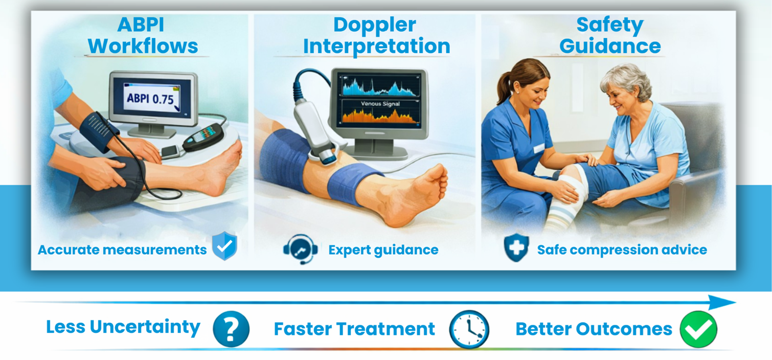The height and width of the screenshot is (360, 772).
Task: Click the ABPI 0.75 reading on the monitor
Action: click(150, 99)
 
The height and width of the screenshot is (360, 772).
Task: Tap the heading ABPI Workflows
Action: click(143, 35)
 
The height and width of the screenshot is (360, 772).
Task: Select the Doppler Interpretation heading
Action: click(376, 35)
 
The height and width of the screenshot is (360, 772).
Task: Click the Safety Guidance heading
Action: click(609, 35)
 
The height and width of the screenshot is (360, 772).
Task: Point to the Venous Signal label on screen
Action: click(380, 103)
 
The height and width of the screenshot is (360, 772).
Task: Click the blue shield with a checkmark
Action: click(225, 246)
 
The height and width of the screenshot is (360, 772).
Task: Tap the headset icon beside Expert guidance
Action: click(300, 249)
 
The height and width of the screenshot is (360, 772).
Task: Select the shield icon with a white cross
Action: click(516, 247)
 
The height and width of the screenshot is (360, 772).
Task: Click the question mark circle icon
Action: click(231, 329)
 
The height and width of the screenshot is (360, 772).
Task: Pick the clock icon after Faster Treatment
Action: click(469, 329)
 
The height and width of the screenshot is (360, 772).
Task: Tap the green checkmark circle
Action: click(698, 329)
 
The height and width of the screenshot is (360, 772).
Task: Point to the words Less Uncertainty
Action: click(123, 327)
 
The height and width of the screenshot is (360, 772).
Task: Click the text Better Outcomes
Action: click(594, 329)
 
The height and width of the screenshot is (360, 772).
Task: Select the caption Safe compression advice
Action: click(622, 250)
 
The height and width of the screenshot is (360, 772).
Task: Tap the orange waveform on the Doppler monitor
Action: click(379, 116)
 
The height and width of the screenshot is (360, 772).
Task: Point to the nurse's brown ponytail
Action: click(505, 86)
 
